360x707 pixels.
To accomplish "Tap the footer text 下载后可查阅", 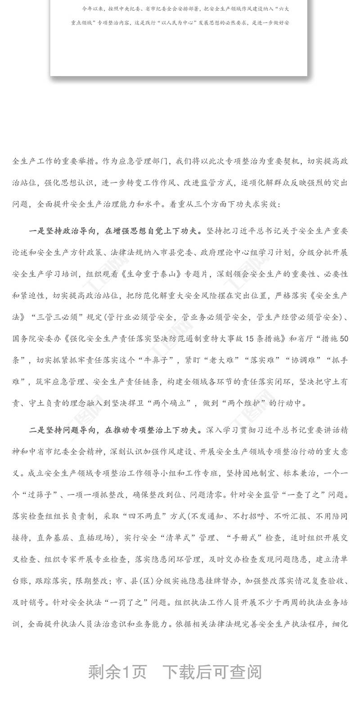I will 211,672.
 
